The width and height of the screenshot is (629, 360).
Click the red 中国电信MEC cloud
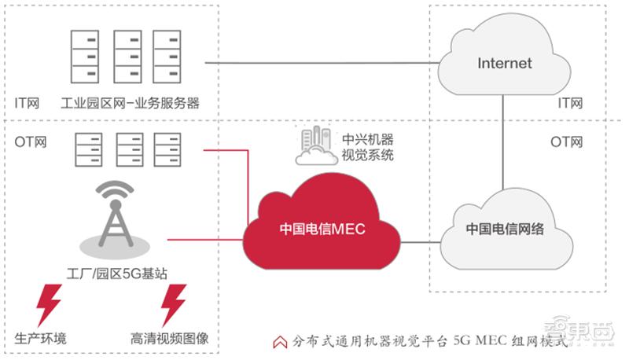tap(322, 228)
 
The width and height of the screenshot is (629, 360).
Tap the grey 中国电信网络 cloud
tap(504, 229)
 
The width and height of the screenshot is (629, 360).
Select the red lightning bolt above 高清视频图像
tap(171, 304)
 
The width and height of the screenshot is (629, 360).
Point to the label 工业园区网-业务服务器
tap(130, 102)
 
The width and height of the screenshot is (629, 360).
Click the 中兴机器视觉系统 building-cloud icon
tap(317, 146)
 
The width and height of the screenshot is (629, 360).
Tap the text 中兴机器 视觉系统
tap(367, 147)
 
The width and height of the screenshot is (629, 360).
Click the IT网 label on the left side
tap(28, 103)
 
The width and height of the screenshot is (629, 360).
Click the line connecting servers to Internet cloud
tap(314, 62)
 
